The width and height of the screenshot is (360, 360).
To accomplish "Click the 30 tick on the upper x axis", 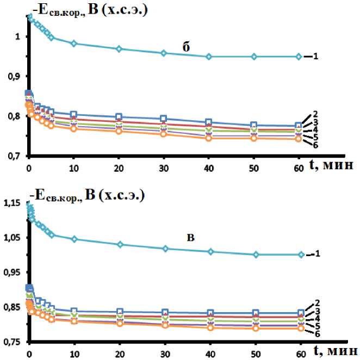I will pyautogui.click(x=163, y=166).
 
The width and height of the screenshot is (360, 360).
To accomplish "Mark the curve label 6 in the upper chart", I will pyautogui.click(x=314, y=144).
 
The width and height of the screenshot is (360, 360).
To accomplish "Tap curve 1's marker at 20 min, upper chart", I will pyautogui.click(x=119, y=49).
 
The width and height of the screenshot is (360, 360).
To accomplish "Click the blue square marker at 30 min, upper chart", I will pyautogui.click(x=163, y=119).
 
